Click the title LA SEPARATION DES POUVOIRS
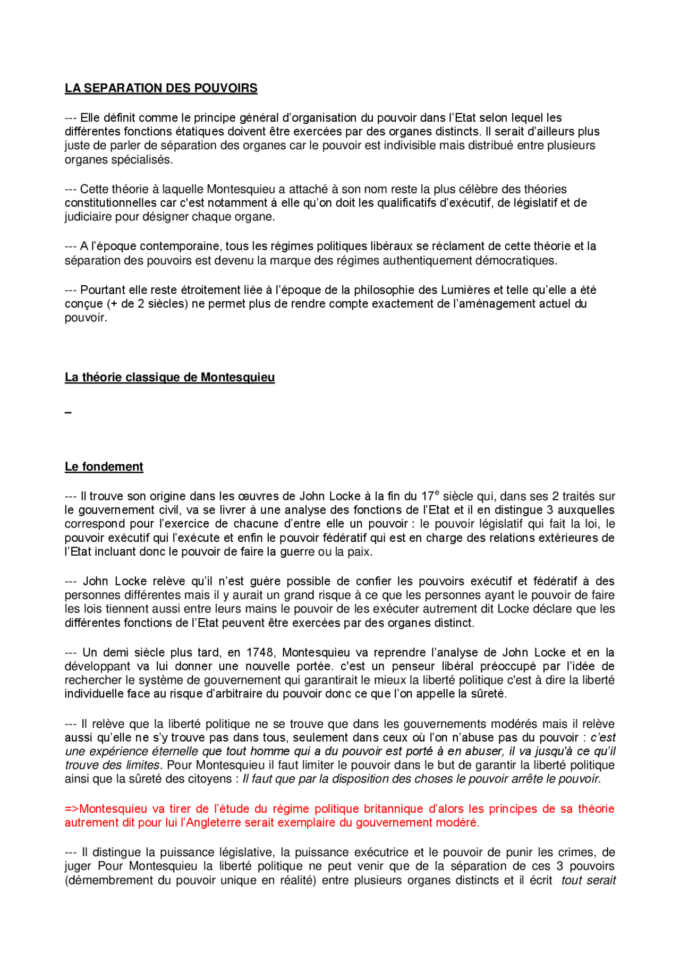[x=161, y=88]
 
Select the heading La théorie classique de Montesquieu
[x=169, y=378]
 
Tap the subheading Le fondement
[x=104, y=467]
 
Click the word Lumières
[x=465, y=290]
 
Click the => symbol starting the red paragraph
[x=72, y=809]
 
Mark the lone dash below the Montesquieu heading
[x=68, y=413]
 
